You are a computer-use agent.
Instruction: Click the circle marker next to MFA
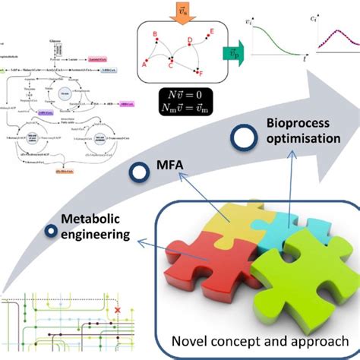click(x=137, y=172)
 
